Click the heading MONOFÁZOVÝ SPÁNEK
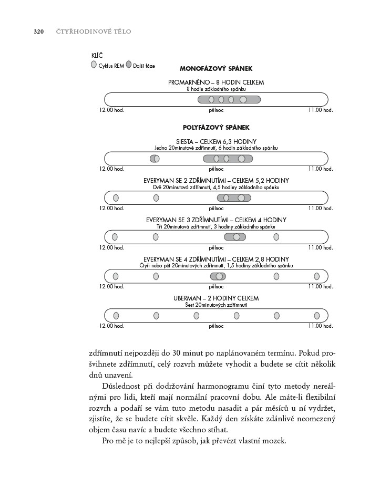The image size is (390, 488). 216,69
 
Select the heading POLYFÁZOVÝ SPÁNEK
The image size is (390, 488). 216,128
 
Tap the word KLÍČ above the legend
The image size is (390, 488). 97,55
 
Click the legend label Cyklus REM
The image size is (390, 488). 111,66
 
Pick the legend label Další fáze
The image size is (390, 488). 143,66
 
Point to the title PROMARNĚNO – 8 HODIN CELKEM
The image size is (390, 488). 216,82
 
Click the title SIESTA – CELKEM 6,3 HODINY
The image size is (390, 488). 216,141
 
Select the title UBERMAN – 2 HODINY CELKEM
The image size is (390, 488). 216,298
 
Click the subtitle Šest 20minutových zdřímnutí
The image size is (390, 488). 216,305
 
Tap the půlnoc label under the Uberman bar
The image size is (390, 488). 216,326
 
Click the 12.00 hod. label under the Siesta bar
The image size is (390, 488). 111,169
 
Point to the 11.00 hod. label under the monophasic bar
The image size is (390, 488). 321,110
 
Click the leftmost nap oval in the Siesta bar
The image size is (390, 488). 155,159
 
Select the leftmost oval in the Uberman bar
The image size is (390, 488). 116,316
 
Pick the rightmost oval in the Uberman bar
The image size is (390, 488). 317,316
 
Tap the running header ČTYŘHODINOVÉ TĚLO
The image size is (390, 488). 94,32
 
